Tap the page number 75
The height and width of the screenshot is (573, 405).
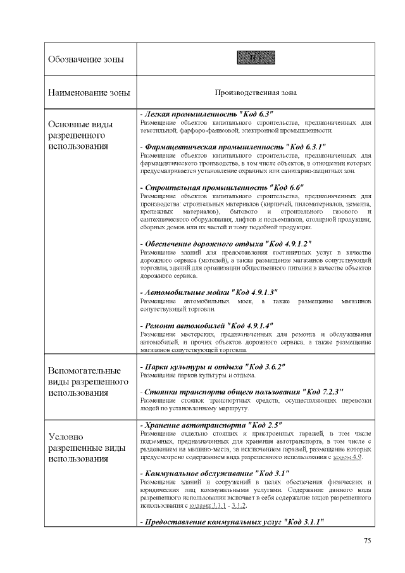tap(367, 540)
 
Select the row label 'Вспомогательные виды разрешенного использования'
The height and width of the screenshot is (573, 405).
tap(85, 382)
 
